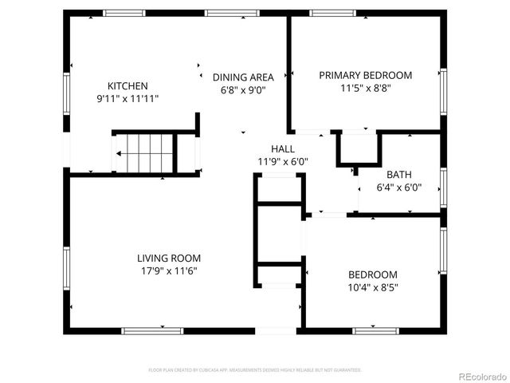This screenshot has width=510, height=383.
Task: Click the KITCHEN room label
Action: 127,86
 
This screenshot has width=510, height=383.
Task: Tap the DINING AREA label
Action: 243,77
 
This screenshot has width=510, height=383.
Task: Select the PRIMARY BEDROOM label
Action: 366,75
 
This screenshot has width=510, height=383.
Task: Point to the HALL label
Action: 283,149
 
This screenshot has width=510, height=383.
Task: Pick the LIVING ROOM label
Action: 168,258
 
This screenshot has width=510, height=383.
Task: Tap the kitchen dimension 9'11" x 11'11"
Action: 127,99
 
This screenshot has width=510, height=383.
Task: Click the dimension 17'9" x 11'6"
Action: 168,270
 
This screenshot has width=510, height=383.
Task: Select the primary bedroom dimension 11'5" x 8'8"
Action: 366,88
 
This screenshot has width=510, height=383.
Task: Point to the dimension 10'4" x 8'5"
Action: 372,287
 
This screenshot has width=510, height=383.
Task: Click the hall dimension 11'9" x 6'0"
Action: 283,162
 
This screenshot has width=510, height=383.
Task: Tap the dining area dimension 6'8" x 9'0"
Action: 243,90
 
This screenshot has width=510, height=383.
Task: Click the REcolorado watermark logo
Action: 480,375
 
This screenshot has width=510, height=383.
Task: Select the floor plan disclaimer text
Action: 255,370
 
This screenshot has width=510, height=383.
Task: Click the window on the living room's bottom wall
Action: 147,330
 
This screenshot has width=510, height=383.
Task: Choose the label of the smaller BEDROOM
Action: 372,274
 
